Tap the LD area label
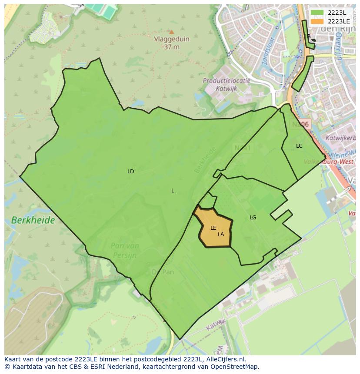[130, 172]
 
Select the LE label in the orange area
[213, 228]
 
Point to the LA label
[221, 235]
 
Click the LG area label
[253, 218]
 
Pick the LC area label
[299, 146]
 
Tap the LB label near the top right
[307, 36]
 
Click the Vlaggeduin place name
[172, 39]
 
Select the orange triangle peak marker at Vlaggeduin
[171, 32]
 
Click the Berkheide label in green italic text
[33, 220]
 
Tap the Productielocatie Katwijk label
[226, 84]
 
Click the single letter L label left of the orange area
[173, 191]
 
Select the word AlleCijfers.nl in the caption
[226, 360]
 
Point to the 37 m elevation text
[172, 47]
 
